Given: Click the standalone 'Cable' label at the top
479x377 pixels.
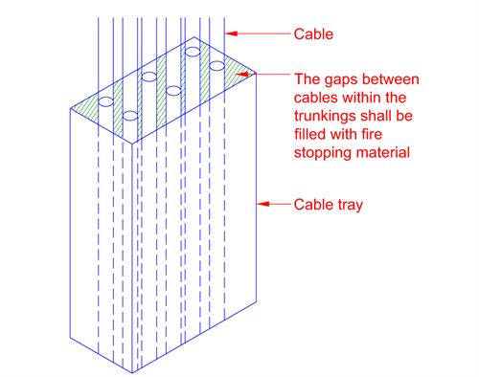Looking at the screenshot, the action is click(x=313, y=34).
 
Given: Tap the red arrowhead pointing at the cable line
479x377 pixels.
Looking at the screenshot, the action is click(x=231, y=33).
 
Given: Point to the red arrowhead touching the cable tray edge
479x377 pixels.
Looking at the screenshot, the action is click(x=263, y=204).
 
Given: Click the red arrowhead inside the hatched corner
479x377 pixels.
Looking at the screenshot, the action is click(x=241, y=75).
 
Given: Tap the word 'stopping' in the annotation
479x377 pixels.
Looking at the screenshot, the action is click(x=318, y=153).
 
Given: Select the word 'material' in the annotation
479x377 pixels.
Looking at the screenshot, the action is click(x=378, y=152).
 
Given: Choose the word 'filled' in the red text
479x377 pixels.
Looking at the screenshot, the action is click(x=309, y=134).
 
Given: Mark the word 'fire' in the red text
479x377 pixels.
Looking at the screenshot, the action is click(x=372, y=134).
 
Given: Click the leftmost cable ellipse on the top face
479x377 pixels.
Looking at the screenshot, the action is click(x=105, y=101).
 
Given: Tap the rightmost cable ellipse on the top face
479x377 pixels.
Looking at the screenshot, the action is click(x=217, y=66).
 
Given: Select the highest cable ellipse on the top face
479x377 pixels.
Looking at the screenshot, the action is click(x=193, y=52).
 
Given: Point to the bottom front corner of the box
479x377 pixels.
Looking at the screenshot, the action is click(x=132, y=372).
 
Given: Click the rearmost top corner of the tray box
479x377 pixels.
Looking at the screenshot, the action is click(x=194, y=37).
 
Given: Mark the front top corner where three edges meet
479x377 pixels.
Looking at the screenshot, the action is click(x=132, y=144).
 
